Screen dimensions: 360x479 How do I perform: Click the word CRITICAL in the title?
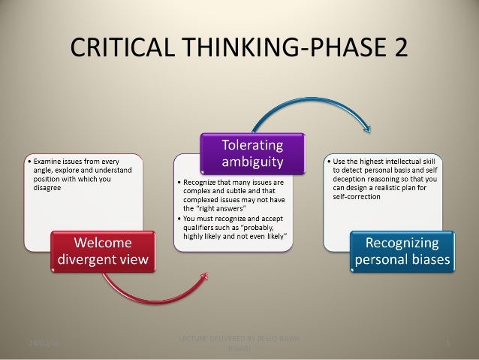123,50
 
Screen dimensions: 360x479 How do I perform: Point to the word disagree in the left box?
44,189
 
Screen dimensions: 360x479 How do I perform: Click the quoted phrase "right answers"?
226,209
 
